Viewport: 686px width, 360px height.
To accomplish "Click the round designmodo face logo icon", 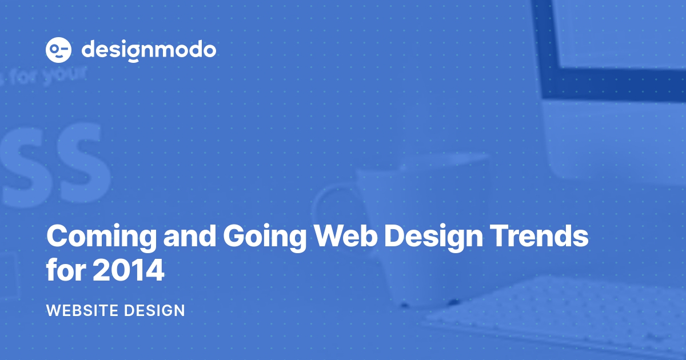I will pyautogui.click(x=58, y=50).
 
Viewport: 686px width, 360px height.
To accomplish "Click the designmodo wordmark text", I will pyautogui.click(x=149, y=50).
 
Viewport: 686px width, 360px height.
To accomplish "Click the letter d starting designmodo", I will pyautogui.click(x=89, y=50).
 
